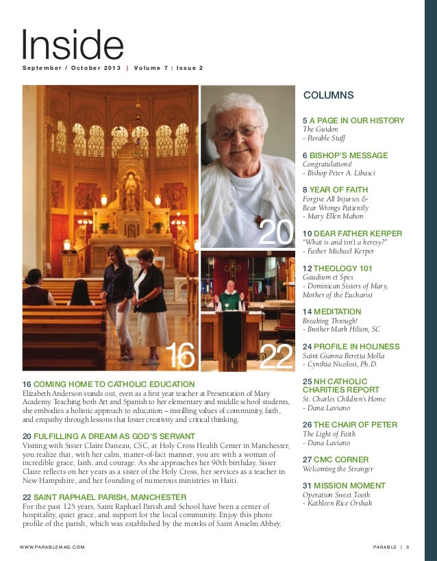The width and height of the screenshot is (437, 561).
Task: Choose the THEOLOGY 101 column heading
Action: coord(342,269)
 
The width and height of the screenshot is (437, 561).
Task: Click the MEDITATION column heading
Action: coord(340,311)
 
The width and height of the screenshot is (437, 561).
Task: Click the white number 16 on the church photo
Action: coord(182,355)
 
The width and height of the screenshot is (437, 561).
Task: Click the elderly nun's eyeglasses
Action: coord(236,132)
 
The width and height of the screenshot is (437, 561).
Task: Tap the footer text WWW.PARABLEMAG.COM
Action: coord(53,546)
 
